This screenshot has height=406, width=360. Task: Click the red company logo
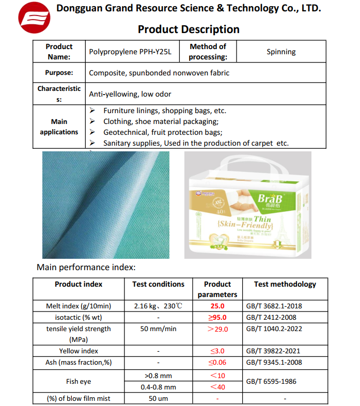coord(34,20)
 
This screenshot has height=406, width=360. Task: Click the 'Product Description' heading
coord(189,29)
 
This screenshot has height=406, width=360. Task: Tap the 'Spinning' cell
coord(281,52)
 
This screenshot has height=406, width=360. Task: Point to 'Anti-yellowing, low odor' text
coord(130,94)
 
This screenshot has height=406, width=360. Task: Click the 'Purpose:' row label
coord(59,73)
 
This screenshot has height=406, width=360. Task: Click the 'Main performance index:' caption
coord(86,267)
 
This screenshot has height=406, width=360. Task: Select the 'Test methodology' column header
coord(285,284)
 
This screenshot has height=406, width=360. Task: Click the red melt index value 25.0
coord(217,306)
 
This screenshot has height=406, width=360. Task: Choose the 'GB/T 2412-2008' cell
coord(271,318)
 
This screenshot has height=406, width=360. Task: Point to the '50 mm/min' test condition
coord(158,329)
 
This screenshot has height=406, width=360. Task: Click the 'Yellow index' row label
coord(79,351)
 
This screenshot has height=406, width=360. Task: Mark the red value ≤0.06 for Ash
coord(217,363)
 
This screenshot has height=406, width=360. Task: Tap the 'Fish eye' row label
coord(79,381)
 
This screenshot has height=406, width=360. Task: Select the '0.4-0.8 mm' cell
coord(158,387)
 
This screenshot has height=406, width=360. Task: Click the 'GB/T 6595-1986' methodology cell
coord(271,381)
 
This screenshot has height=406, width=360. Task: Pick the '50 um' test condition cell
coord(158,398)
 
